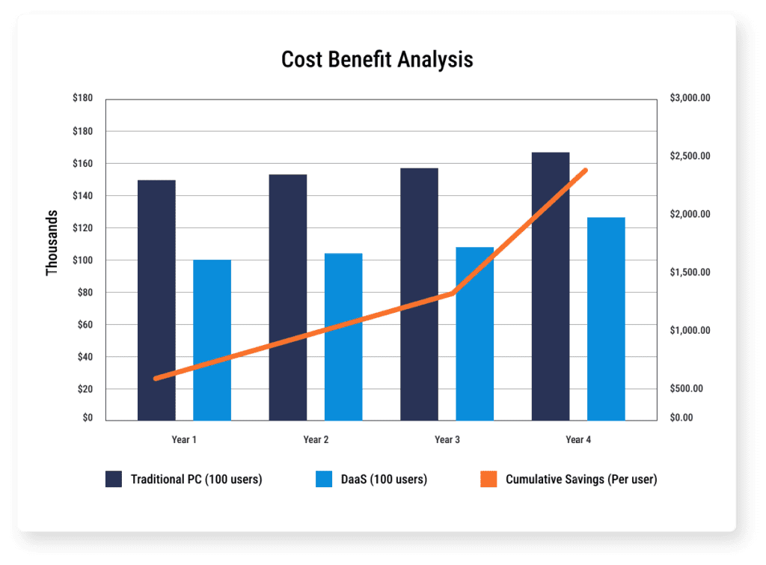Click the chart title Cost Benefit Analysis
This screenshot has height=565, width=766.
pyautogui.click(x=377, y=60)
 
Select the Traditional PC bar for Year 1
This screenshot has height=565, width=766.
pyautogui.click(x=156, y=299)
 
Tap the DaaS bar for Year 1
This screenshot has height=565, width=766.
pyautogui.click(x=212, y=340)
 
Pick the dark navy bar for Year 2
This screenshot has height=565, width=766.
pyautogui.click(x=288, y=297)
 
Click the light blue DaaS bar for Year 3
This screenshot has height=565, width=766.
pyautogui.click(x=474, y=333)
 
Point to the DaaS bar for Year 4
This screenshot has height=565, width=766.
pyautogui.click(x=606, y=318)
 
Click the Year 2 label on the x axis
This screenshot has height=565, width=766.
pyautogui.click(x=316, y=439)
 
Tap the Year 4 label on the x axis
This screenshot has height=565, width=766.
pyautogui.click(x=578, y=439)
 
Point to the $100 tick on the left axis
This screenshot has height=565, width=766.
pyautogui.click(x=82, y=260)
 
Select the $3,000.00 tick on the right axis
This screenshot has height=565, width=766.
pyautogui.click(x=690, y=99)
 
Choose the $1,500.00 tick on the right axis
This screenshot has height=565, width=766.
pyautogui.click(x=690, y=272)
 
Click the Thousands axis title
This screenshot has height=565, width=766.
pyautogui.click(x=52, y=242)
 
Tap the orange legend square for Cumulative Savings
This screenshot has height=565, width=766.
pyautogui.click(x=488, y=480)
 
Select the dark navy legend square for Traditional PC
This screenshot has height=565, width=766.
pyautogui.click(x=114, y=480)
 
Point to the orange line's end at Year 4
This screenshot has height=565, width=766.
pyautogui.click(x=585, y=171)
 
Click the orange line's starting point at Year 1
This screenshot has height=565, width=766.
pyautogui.click(x=156, y=379)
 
